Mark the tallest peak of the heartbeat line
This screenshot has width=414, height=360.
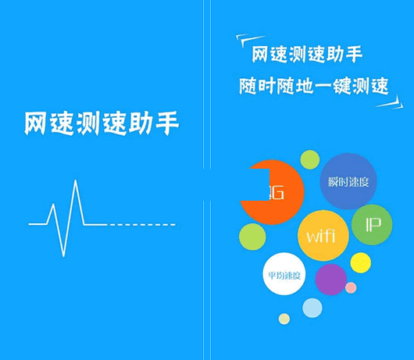click(76, 182)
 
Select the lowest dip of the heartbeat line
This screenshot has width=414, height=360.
click(62, 255)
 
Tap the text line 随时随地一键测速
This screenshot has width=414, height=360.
click(313, 86)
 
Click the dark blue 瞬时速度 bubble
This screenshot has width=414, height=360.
click(348, 181)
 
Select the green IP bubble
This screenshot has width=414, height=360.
click(371, 225)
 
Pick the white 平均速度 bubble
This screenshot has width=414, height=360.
click(284, 274)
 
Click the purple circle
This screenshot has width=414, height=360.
click(331, 279)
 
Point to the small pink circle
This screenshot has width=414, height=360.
click(351, 287)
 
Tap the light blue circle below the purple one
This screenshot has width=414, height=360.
click(312, 308)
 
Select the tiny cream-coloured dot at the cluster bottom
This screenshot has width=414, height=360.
click(284, 318)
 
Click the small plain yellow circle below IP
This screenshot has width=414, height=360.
click(360, 262)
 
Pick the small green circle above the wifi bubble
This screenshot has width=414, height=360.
click(310, 159)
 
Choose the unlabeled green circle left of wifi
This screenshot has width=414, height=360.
click(252, 236)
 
